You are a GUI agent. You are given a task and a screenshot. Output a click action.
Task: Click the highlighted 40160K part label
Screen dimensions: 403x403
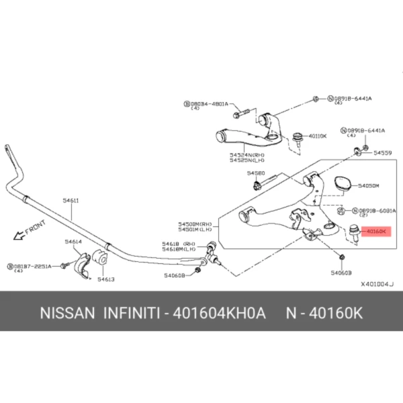375,231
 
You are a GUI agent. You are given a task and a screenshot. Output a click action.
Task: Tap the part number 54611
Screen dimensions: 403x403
71,199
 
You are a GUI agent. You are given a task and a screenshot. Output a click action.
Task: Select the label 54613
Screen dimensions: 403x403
105,279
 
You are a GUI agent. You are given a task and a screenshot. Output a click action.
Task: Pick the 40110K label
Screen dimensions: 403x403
317,136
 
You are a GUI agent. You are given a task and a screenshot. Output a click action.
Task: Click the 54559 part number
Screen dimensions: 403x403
383,153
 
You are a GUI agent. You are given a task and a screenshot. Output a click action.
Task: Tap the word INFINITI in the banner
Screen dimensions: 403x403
131,314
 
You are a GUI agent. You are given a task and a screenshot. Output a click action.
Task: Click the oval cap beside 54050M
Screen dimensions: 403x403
341,183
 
